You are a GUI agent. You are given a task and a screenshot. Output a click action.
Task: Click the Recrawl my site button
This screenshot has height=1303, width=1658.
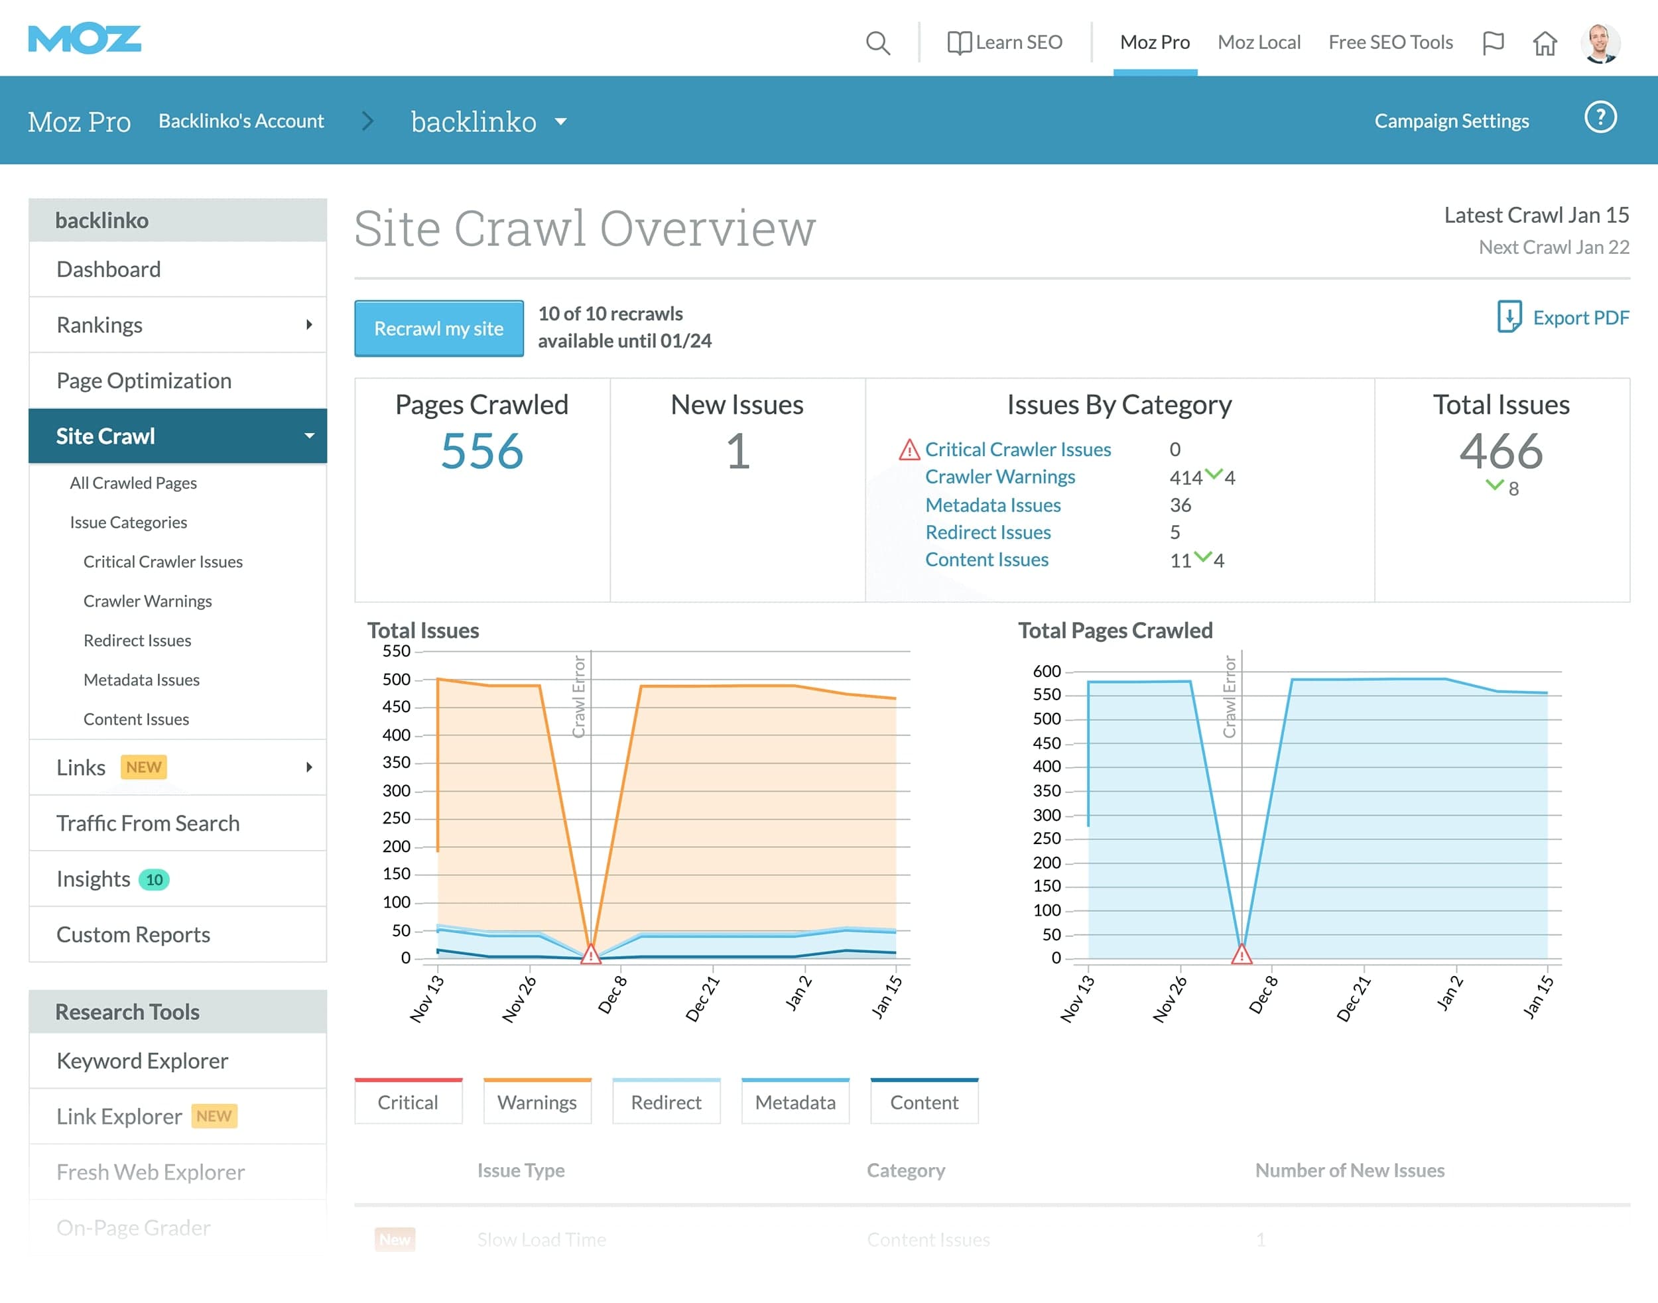click(x=439, y=328)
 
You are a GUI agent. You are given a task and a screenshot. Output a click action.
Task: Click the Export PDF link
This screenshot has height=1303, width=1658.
click(x=1564, y=318)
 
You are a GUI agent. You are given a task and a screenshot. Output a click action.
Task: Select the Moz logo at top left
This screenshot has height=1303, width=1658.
click(x=85, y=38)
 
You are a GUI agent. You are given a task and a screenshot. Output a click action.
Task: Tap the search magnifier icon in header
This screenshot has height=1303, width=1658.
click(x=877, y=42)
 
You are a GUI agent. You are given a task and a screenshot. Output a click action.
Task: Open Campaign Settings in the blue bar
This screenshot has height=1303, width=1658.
click(x=1451, y=121)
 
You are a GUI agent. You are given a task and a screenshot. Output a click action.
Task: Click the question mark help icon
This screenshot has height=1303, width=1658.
click(x=1600, y=117)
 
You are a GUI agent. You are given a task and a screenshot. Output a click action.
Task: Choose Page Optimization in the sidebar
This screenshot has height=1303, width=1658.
click(x=143, y=380)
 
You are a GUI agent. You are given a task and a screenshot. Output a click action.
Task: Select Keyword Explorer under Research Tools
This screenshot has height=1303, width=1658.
click(x=142, y=1060)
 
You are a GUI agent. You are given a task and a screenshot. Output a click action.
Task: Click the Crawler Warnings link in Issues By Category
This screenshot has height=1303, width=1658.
click(x=999, y=477)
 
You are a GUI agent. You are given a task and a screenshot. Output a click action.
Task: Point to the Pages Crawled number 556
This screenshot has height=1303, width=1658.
click(x=482, y=450)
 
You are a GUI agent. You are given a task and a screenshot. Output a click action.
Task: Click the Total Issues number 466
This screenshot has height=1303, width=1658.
click(x=1500, y=450)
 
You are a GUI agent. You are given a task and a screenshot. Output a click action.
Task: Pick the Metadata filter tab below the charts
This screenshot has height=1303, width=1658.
click(x=795, y=1101)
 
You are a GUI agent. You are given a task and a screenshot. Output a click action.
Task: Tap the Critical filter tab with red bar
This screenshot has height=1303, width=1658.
click(x=409, y=1101)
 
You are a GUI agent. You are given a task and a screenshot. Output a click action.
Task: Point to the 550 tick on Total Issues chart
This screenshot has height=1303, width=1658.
click(x=396, y=651)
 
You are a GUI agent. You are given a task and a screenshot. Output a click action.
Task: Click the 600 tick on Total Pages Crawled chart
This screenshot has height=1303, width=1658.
click(x=1046, y=671)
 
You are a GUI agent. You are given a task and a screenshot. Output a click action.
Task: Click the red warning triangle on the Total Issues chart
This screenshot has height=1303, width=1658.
click(x=590, y=954)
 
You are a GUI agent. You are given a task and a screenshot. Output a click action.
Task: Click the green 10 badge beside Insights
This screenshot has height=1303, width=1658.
click(x=154, y=879)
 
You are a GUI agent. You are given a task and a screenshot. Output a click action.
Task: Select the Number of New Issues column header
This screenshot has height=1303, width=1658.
click(x=1349, y=1170)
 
